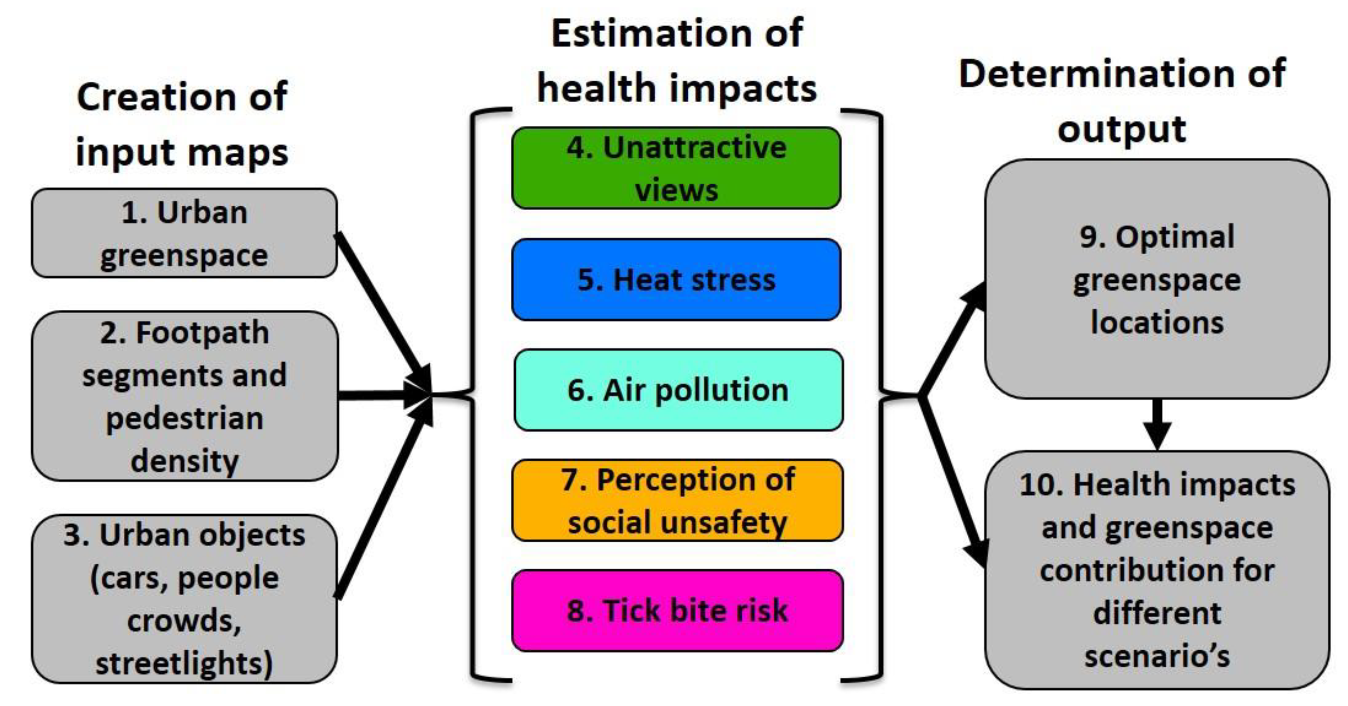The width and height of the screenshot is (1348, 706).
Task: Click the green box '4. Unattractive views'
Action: [676, 168]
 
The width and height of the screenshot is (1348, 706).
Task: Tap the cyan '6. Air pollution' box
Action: [678, 390]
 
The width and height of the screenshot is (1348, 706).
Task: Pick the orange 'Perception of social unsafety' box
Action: [677, 500]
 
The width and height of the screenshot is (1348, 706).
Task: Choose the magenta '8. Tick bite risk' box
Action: [677, 610]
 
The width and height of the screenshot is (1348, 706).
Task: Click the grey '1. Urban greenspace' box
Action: [184, 233]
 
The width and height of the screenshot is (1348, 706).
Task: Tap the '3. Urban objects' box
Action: [184, 599]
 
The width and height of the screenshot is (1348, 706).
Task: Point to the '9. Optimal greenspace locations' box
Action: [1156, 279]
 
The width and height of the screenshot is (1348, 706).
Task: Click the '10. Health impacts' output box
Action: [1156, 570]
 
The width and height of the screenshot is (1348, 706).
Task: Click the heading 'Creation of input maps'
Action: [182, 125]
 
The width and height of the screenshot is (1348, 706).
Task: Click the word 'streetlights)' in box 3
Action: [184, 663]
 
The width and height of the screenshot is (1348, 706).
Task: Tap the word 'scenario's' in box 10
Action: [1156, 656]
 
